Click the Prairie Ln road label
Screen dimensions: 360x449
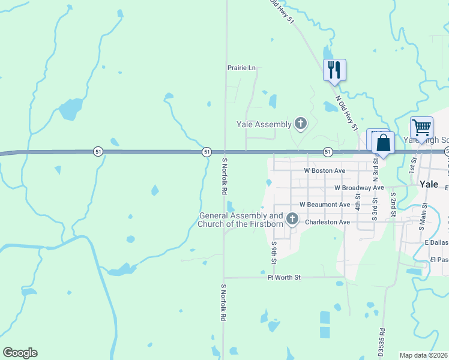241,68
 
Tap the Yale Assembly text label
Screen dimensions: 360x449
264,124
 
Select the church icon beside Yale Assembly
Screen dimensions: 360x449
301,124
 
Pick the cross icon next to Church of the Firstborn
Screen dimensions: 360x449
292,218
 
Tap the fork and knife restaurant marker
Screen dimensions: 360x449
334,70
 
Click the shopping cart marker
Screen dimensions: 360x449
421,127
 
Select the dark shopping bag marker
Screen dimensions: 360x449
383,144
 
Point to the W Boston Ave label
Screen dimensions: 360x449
324,170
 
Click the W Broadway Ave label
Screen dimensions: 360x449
359,188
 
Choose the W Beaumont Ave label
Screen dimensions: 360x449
325,205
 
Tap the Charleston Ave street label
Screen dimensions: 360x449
327,222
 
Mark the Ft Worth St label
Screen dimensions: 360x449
284,277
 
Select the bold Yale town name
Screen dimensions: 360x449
430,184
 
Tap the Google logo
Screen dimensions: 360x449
20,353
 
